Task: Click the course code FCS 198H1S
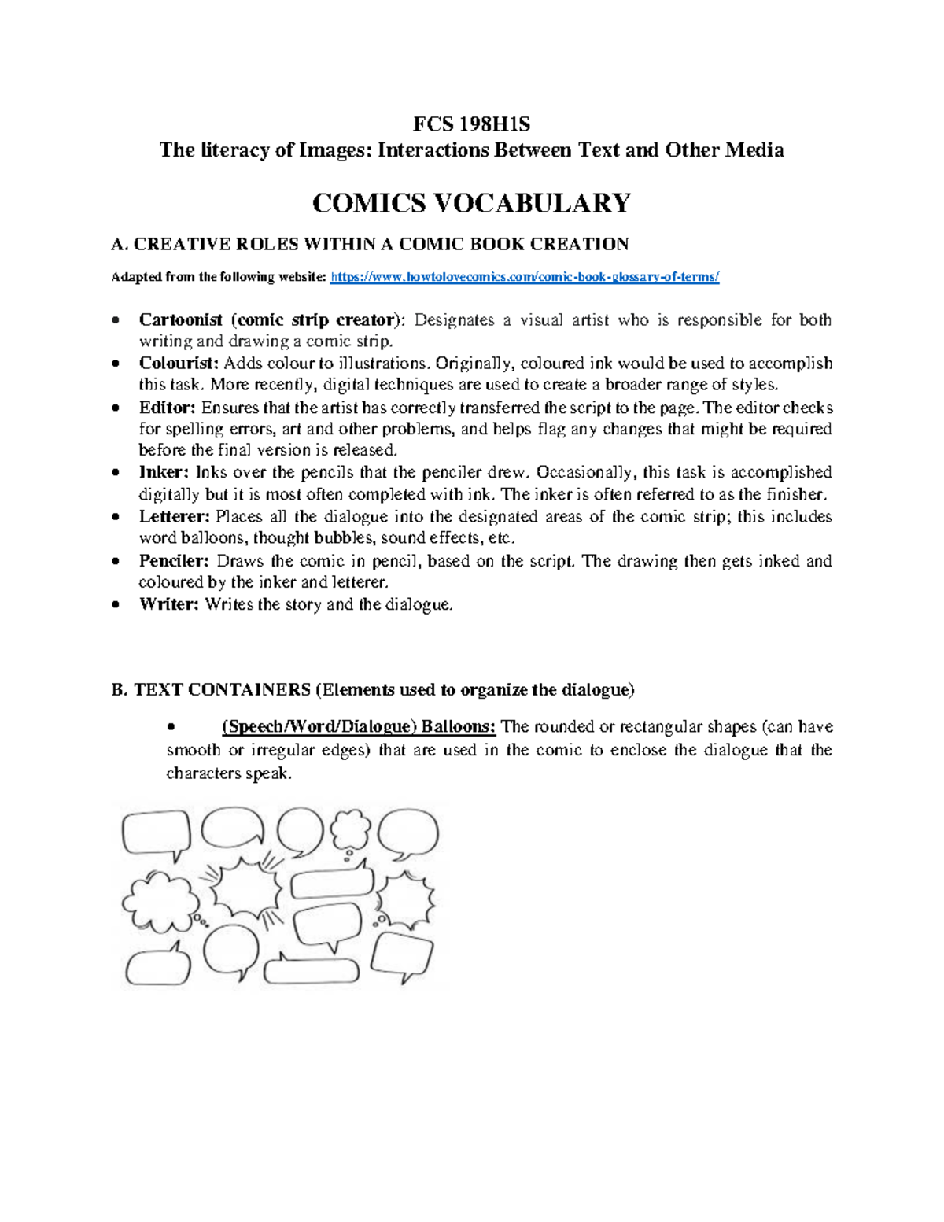[471, 124]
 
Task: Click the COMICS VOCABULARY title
[471, 203]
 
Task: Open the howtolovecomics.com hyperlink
[525, 277]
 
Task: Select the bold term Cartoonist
[181, 319]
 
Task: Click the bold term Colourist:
[179, 364]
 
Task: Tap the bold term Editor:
[167, 408]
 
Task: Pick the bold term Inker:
[164, 472]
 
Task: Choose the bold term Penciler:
[174, 561]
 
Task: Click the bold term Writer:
[169, 604]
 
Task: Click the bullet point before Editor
[116, 408]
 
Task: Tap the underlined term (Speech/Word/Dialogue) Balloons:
[359, 726]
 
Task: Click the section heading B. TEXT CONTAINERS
[211, 690]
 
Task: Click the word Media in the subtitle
[754, 150]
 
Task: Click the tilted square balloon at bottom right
[402, 954]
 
